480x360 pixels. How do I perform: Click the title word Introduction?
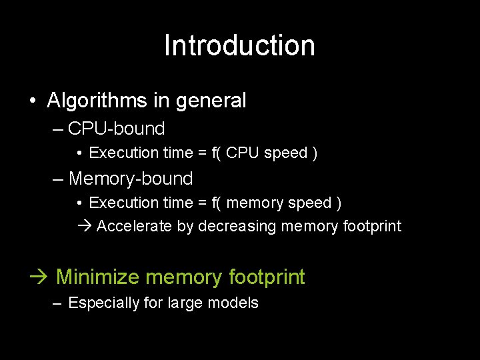pos(239,45)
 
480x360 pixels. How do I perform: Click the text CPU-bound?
pos(117,128)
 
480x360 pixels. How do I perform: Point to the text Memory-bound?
pos(131,179)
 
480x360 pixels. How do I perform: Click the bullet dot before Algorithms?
pos(32,101)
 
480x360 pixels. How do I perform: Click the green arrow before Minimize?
pos(41,277)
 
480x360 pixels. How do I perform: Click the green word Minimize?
pos(98,277)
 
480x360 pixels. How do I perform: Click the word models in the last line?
pos(233,303)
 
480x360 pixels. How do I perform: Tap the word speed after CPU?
pos(285,153)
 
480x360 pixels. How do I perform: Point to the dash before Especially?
pos(58,303)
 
